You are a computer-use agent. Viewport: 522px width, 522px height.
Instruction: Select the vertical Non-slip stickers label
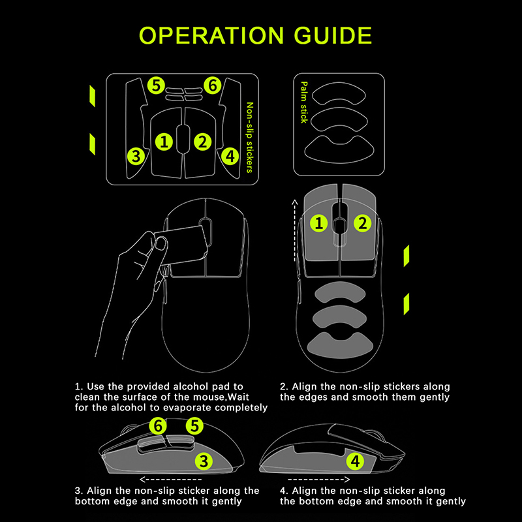(x=249, y=137)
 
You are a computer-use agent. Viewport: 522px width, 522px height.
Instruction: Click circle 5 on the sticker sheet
(x=155, y=85)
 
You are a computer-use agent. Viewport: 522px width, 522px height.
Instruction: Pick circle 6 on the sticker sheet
(x=211, y=85)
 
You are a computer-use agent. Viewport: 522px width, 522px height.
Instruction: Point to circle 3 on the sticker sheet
(x=136, y=156)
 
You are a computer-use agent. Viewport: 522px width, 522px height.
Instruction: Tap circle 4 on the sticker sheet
(x=229, y=156)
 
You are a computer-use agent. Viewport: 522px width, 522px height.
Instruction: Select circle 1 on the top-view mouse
(x=319, y=224)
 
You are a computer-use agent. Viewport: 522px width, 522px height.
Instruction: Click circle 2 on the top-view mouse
(x=362, y=224)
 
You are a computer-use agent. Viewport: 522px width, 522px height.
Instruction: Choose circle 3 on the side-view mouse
(x=205, y=461)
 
